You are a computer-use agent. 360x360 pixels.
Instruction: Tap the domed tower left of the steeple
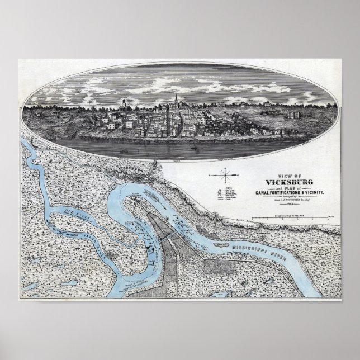[123, 103]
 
